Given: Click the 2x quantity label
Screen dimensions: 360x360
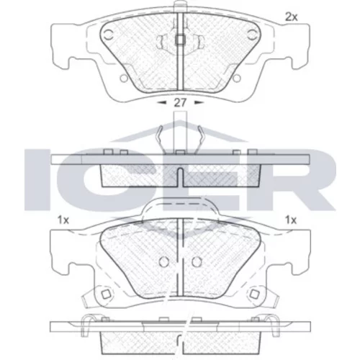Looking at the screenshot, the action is point(291,17).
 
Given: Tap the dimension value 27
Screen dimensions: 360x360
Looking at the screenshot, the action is point(180,103).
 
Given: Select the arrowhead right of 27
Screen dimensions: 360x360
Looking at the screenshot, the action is point(199,103).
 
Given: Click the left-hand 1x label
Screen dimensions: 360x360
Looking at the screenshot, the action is point(63,220).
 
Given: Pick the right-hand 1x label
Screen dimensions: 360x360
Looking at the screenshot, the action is point(291,220).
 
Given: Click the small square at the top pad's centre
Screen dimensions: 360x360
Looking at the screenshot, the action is point(180,40).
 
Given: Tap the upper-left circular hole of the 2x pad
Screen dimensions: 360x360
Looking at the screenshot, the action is point(109,35).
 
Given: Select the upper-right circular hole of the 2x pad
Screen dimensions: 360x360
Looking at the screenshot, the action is point(251,35).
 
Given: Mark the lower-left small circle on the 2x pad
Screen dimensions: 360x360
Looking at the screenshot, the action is point(124,78).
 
